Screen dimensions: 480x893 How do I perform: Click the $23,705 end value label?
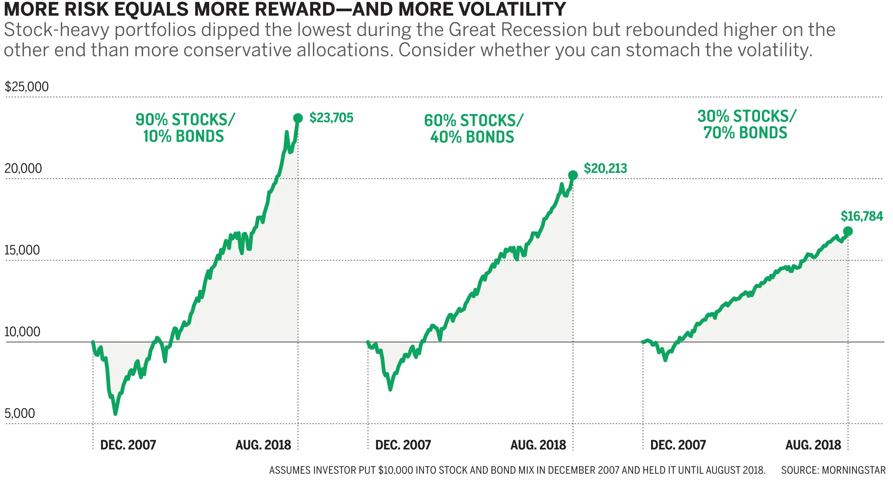(x=331, y=118)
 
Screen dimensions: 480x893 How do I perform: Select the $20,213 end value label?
(x=605, y=168)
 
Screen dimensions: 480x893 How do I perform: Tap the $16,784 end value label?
(x=862, y=216)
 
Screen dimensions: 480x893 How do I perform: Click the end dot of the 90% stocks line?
(x=298, y=118)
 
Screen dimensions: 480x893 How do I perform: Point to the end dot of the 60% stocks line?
(x=573, y=175)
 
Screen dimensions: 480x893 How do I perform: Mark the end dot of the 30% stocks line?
(x=848, y=231)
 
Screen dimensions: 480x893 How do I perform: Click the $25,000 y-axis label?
(x=26, y=87)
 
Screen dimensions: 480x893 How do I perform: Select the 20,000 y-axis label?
(x=23, y=168)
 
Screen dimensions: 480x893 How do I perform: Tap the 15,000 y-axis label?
(x=22, y=250)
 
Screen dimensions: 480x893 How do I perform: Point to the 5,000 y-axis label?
(x=20, y=413)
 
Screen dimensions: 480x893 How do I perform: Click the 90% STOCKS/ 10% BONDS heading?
(x=184, y=128)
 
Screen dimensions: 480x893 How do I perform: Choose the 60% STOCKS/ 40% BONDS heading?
(x=473, y=129)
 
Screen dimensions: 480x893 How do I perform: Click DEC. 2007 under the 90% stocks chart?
(x=128, y=445)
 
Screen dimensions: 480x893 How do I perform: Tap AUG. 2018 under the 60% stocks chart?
(x=538, y=445)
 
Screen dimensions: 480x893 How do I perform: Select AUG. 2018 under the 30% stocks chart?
(x=813, y=445)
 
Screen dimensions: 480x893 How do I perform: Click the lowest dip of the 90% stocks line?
(x=115, y=413)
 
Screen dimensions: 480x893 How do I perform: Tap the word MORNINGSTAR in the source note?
(x=854, y=470)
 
